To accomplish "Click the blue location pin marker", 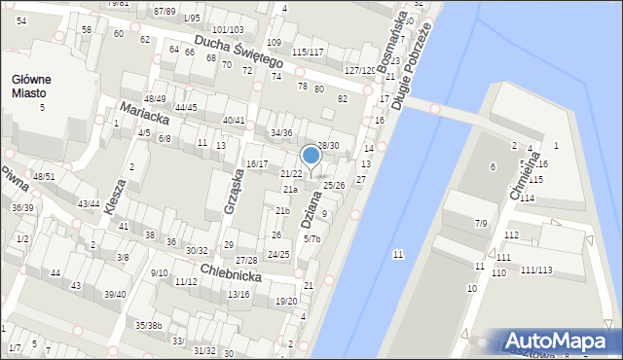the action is pyautogui.click(x=311, y=156).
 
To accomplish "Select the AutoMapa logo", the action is pyautogui.click(x=559, y=342).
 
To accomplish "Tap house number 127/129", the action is pyautogui.click(x=359, y=70).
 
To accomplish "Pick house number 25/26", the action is pyautogui.click(x=334, y=185).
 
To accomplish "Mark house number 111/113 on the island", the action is pyautogui.click(x=535, y=270).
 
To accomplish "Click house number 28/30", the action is pyautogui.click(x=328, y=146).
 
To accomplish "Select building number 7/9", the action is pyautogui.click(x=481, y=224).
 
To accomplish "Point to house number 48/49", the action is pyautogui.click(x=155, y=99).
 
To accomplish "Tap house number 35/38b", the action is pyautogui.click(x=148, y=325).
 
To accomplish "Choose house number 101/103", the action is pyautogui.click(x=228, y=31).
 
